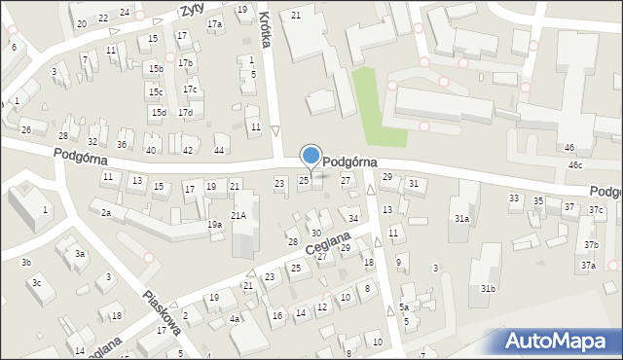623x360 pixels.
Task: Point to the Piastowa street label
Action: (x=162, y=312)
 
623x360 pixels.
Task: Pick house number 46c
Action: (x=575, y=165)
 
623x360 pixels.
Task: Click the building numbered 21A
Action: (x=238, y=215)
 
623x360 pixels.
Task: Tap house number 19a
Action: (x=214, y=225)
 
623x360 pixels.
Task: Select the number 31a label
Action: (x=460, y=219)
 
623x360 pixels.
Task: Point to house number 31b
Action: (x=488, y=288)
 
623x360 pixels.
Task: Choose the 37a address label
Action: (x=588, y=265)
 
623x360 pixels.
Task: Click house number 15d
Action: (x=158, y=113)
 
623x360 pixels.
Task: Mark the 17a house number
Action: (x=214, y=23)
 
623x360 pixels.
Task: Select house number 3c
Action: (x=36, y=282)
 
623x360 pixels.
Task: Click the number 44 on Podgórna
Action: (x=219, y=150)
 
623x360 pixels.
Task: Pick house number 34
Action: (x=353, y=218)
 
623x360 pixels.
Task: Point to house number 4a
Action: (x=234, y=318)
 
